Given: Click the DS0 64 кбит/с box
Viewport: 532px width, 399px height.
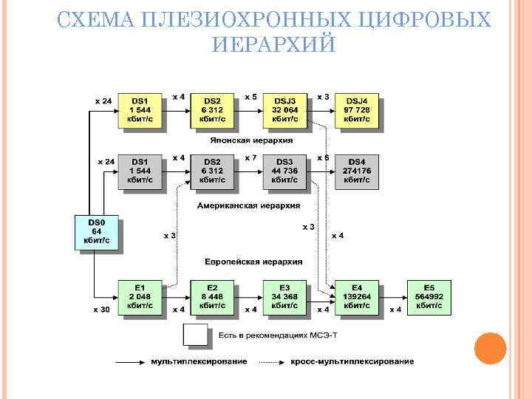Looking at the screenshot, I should (95, 231).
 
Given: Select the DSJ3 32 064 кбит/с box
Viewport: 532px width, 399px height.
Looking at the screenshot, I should (284, 109).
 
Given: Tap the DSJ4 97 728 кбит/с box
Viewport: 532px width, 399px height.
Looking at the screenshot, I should (356, 109).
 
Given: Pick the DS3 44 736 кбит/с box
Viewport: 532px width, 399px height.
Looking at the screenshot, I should (284, 170).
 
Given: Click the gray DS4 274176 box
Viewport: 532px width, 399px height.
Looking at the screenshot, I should (356, 170).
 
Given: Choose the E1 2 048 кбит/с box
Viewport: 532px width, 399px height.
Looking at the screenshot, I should (140, 296).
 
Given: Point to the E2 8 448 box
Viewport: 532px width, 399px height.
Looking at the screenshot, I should (212, 296).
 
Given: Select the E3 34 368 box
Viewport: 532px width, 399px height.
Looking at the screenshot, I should (284, 296).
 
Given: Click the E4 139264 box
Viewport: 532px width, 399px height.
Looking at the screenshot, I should (357, 296).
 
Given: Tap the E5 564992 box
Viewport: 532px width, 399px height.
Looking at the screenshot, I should (429, 296).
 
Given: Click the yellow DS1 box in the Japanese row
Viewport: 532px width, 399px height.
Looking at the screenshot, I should (140, 109).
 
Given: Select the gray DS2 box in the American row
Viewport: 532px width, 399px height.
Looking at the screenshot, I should (212, 170).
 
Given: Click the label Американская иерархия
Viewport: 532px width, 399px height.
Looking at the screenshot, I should (248, 206).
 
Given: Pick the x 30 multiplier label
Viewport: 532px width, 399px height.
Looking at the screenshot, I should (101, 310).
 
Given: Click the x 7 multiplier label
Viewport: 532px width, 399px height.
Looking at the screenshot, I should (250, 157).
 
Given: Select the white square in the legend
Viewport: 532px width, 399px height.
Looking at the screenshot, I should (196, 336).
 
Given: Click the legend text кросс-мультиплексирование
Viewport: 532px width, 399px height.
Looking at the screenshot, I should (352, 361).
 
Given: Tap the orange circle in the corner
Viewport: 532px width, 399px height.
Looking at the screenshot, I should (489, 348).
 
